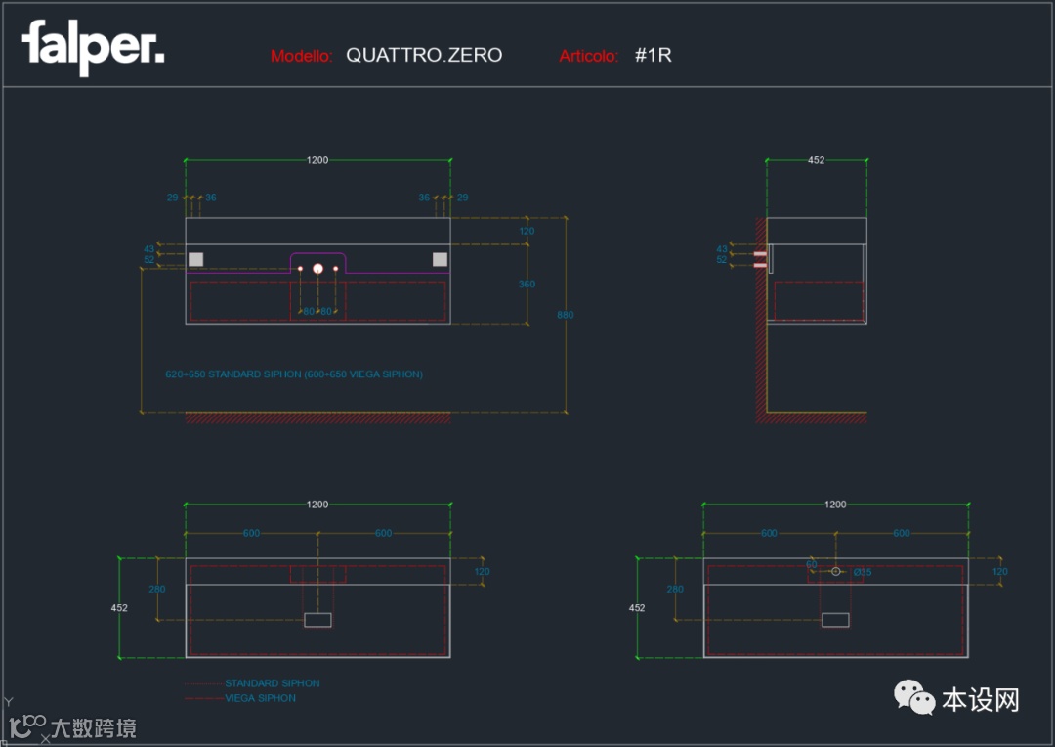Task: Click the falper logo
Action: (93, 46)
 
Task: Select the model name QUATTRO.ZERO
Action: (424, 55)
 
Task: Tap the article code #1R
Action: (653, 55)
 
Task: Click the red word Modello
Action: (302, 56)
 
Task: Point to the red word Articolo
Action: (588, 56)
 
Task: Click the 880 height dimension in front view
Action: (565, 315)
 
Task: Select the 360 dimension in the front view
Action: (527, 285)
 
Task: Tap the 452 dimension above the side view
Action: (816, 160)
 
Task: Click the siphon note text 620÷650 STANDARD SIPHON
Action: (294, 374)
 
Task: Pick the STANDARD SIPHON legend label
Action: (272, 683)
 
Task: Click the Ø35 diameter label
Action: (862, 572)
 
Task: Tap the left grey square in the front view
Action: (196, 259)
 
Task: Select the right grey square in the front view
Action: (440, 259)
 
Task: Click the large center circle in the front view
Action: (317, 268)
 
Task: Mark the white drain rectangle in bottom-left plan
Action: (317, 619)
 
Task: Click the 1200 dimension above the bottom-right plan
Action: (835, 505)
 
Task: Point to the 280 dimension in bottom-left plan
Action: (156, 589)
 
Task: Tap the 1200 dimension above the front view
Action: (317, 160)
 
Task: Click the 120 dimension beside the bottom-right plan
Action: (999, 572)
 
